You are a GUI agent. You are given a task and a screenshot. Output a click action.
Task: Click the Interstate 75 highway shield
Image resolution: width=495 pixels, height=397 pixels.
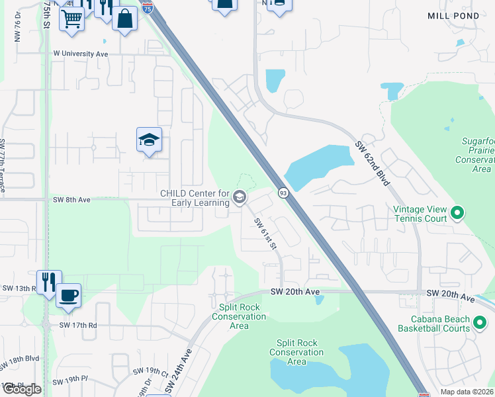pyautogui.click(x=149, y=8)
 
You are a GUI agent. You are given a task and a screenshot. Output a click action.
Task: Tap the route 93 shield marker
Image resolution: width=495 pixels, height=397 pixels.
pyautogui.click(x=283, y=193)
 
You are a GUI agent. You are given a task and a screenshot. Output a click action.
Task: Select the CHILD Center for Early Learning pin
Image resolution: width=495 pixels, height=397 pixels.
pyautogui.click(x=239, y=197)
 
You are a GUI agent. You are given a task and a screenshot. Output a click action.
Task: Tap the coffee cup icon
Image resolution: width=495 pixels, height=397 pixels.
pyautogui.click(x=68, y=295)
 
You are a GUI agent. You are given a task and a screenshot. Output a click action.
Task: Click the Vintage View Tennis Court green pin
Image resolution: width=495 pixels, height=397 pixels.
pyautogui.click(x=457, y=213)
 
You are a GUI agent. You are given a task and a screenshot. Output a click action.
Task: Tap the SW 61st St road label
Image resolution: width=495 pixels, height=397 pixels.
pyautogui.click(x=265, y=234)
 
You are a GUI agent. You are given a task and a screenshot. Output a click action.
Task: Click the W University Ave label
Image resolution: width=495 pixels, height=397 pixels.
pyautogui.click(x=80, y=53)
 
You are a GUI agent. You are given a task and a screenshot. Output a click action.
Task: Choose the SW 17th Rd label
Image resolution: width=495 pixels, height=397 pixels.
pyautogui.click(x=78, y=325)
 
